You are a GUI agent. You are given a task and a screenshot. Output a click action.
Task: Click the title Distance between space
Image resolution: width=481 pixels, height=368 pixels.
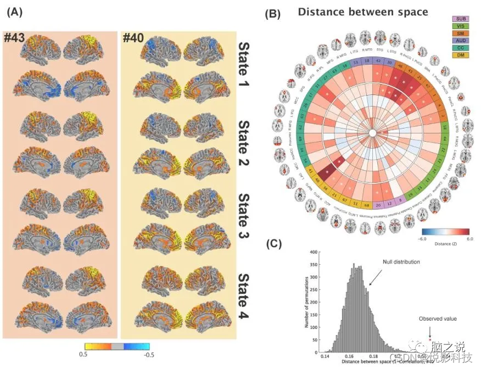(363, 12)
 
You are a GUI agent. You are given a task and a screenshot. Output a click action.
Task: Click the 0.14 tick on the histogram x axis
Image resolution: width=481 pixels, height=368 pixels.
(324, 356)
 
